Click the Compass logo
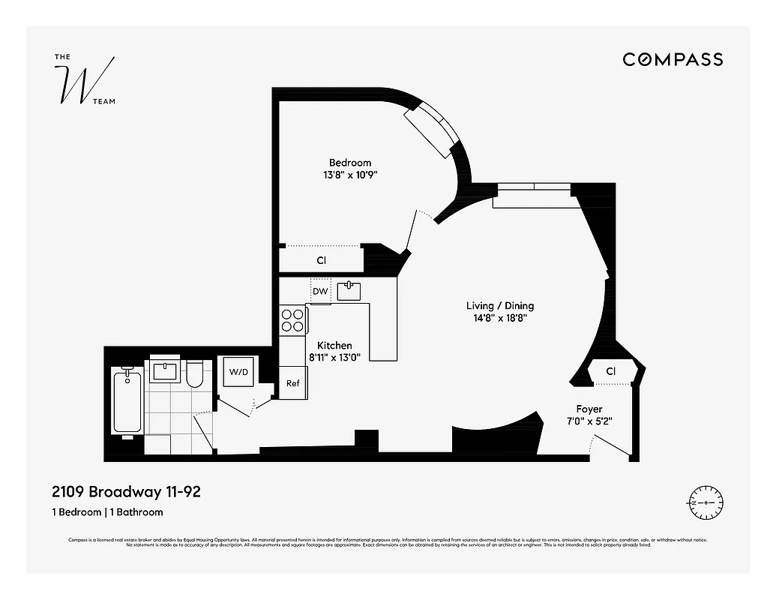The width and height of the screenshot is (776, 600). (673, 59)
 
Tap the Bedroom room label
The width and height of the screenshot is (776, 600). (349, 163)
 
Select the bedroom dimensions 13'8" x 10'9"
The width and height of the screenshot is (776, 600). (349, 176)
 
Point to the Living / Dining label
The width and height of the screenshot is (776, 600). (499, 305)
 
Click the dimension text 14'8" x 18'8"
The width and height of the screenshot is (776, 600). (499, 319)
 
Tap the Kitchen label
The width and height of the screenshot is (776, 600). (334, 345)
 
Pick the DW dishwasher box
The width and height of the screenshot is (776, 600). (320, 291)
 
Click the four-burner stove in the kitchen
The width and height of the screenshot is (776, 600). (292, 321)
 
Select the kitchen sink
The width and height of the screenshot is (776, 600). (349, 290)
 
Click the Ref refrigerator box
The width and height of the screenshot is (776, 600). (292, 383)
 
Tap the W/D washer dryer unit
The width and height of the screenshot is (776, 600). (238, 371)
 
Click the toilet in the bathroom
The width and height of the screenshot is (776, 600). (194, 374)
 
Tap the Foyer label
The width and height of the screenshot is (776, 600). (589, 409)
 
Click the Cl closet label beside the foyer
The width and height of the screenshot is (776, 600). (610, 371)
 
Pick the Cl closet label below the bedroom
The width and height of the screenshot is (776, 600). (321, 260)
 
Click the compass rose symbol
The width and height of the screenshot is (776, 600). (704, 502)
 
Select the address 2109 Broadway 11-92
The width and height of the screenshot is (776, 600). (126, 493)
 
